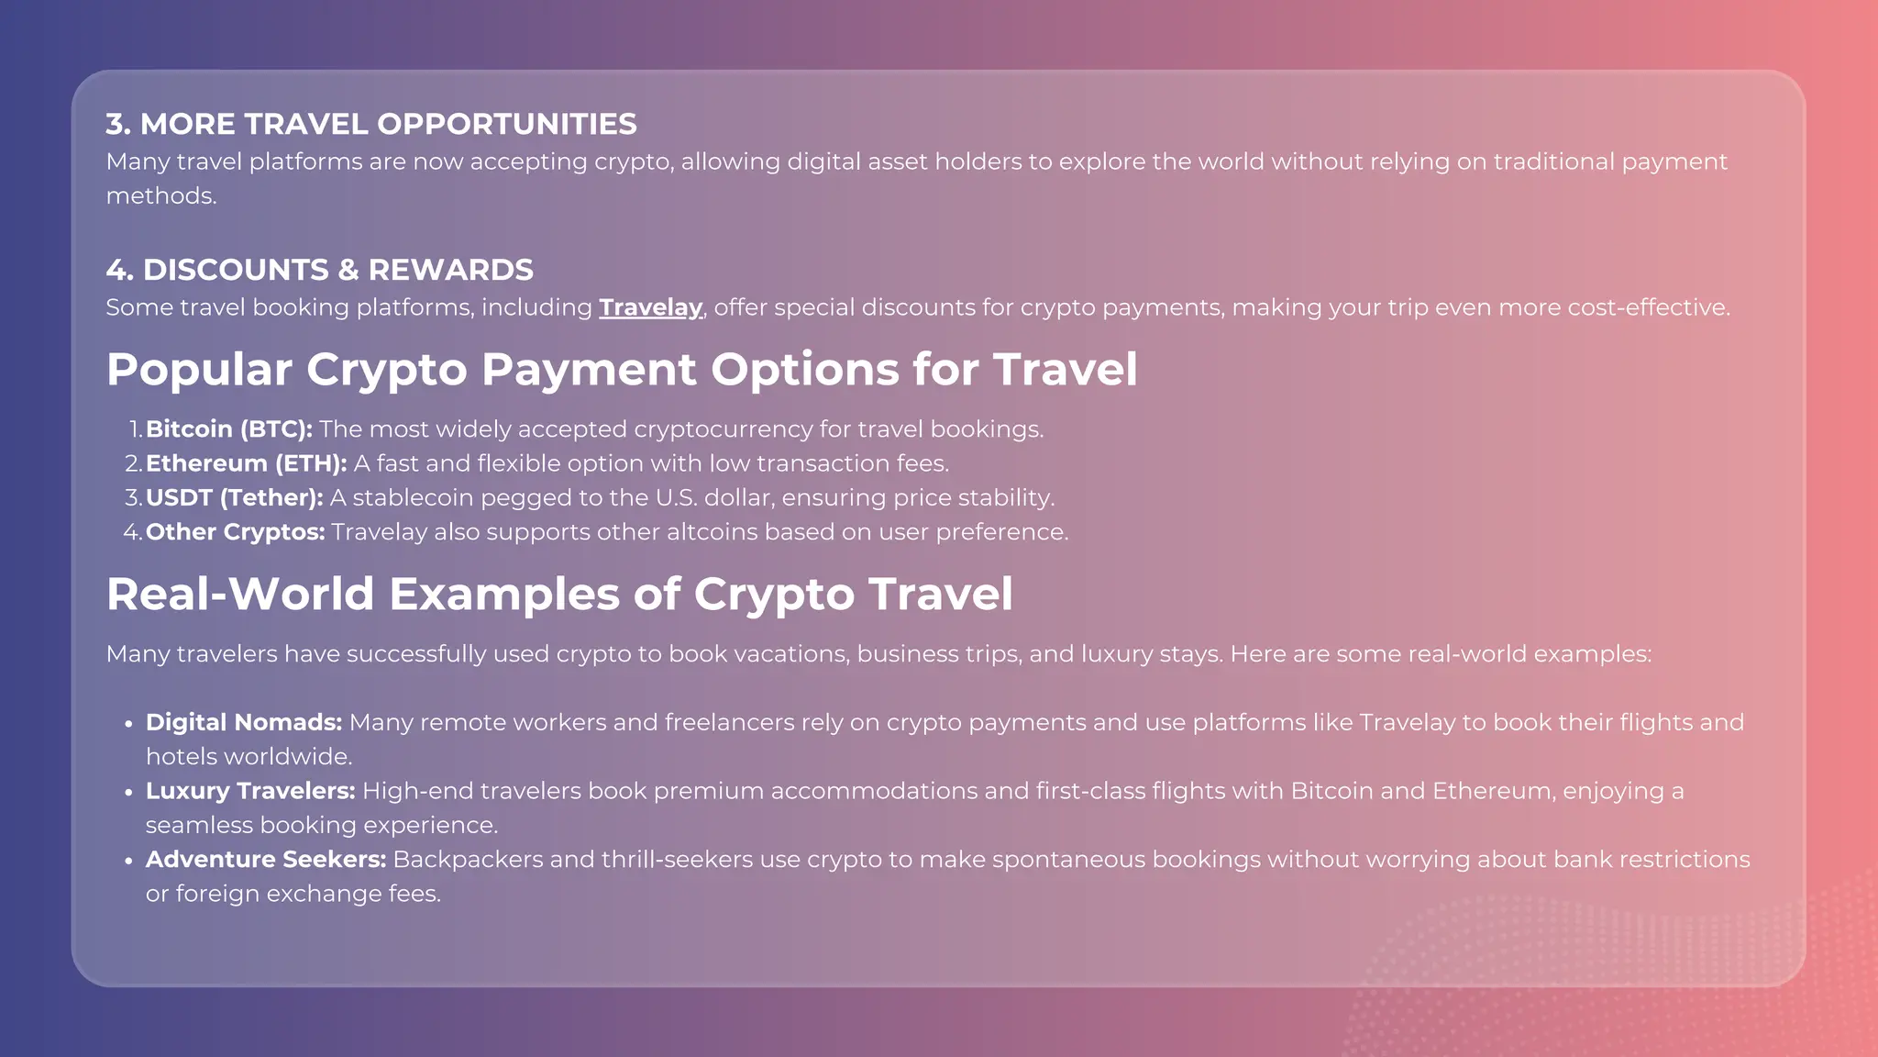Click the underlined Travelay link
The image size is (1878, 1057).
(x=650, y=307)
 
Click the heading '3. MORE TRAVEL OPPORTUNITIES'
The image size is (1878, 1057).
(x=371, y=124)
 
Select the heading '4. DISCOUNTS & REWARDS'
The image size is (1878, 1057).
(x=319, y=270)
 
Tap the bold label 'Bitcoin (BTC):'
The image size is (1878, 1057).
(x=229, y=429)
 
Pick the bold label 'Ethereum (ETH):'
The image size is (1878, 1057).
(x=246, y=463)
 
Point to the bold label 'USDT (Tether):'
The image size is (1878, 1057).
(x=234, y=497)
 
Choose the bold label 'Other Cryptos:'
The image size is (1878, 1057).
(x=235, y=532)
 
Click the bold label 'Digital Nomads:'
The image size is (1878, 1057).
(x=243, y=722)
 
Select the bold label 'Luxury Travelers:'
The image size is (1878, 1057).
(x=249, y=791)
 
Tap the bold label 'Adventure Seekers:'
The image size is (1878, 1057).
(x=265, y=860)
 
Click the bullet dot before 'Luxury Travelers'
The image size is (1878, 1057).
(x=128, y=792)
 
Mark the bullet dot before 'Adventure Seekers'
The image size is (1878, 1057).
(x=128, y=861)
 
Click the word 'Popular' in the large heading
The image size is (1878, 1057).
(x=199, y=370)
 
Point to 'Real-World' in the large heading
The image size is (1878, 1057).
(x=240, y=594)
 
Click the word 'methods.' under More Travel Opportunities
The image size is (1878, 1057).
(x=161, y=196)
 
